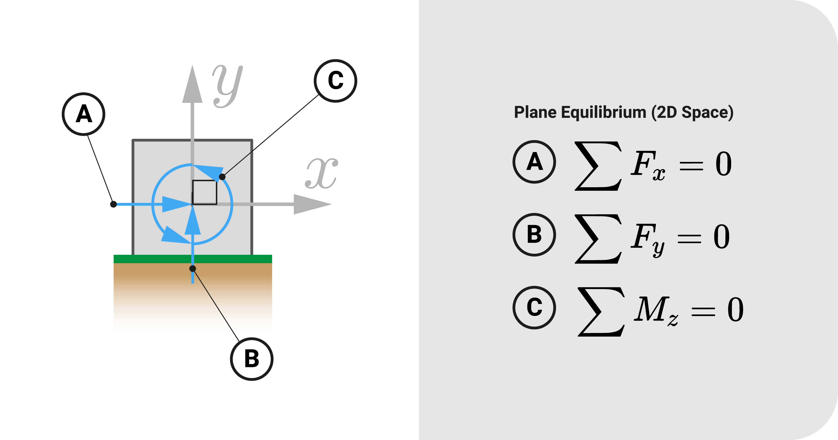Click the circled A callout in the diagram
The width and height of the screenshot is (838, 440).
click(84, 114)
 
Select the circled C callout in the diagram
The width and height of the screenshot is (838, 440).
click(335, 81)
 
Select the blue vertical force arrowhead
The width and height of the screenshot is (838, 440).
click(193, 221)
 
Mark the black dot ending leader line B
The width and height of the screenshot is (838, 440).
click(193, 269)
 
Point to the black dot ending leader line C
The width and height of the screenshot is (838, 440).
click(222, 177)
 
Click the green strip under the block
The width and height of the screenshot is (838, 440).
click(193, 259)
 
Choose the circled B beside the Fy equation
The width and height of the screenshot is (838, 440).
click(534, 235)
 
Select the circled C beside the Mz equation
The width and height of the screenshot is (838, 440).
click(534, 308)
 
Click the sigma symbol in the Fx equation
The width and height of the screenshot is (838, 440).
click(598, 166)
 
